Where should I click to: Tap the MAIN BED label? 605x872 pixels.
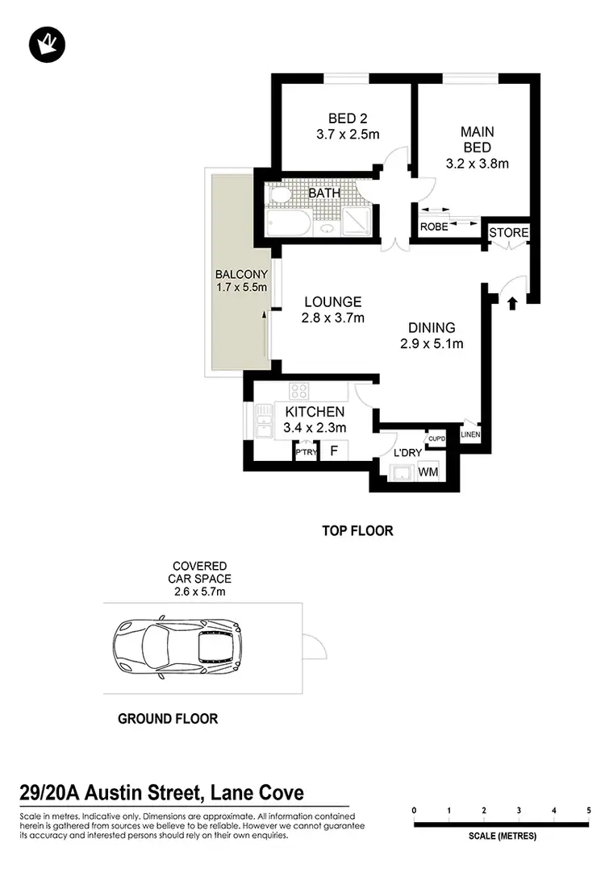pos(477,131)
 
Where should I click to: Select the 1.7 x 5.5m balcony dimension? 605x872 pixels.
pos(241,287)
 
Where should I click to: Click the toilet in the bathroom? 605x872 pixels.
pos(278,196)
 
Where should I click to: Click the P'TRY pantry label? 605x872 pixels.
pos(306,453)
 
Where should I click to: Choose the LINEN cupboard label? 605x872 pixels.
pos(470,435)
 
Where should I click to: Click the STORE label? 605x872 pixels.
pos(509,233)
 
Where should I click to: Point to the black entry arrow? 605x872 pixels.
pos(512,302)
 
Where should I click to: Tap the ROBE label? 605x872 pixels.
pos(434,227)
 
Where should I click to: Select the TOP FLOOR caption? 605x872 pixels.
pos(357,531)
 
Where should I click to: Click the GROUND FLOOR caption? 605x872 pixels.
pos(168,718)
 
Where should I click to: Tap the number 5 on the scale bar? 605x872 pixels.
pos(589,810)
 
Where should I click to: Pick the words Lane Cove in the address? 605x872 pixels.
pos(257,793)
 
